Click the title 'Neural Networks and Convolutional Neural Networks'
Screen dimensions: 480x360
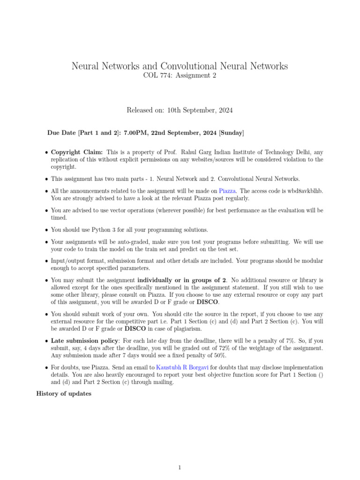[x=180, y=66]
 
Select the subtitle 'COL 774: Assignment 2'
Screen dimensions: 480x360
[x=180, y=76]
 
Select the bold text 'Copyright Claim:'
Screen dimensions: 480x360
[x=77, y=152]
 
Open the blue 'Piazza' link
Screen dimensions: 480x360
[x=227, y=191]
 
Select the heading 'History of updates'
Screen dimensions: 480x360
[x=64, y=394]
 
